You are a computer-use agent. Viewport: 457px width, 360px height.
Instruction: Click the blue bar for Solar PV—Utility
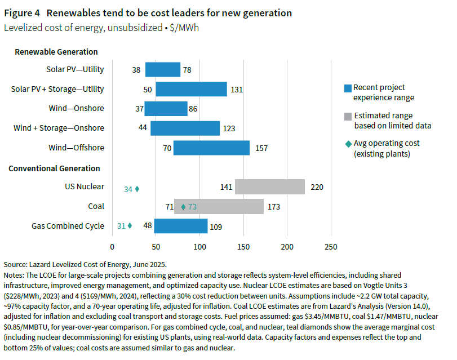[x=162, y=69]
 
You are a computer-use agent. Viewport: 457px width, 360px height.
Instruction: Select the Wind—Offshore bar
[x=211, y=148]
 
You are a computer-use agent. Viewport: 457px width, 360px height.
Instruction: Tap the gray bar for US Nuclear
[x=269, y=187]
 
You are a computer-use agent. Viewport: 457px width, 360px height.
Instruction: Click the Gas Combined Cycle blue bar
[x=180, y=226]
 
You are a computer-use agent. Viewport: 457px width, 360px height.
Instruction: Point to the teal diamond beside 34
[x=137, y=189]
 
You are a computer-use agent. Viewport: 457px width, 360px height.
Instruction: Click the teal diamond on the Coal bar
[x=183, y=207]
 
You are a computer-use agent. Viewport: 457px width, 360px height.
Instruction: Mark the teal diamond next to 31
[x=130, y=226]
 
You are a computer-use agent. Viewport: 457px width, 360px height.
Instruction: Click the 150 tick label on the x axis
[x=243, y=247]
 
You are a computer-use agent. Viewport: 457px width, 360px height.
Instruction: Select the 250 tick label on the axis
[x=331, y=247]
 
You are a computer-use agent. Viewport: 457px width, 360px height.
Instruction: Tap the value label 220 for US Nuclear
[x=317, y=187]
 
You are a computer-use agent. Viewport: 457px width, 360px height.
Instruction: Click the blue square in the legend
[x=348, y=88]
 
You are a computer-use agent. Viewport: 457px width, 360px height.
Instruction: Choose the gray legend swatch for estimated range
[x=348, y=115]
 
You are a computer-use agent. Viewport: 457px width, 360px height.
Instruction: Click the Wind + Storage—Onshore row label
[x=59, y=128]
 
